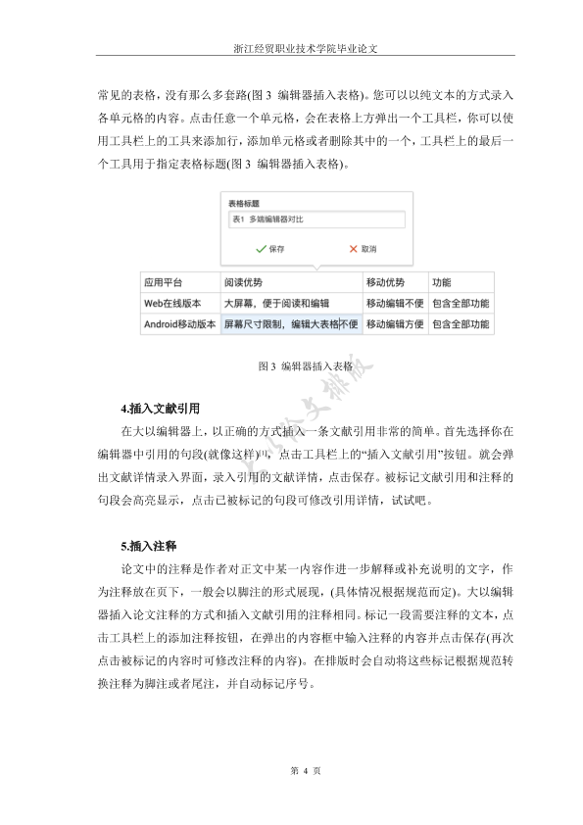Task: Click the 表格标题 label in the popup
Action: point(243,204)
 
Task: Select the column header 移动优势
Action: point(384,282)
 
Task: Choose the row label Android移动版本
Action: point(180,323)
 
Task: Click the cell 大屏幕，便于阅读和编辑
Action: point(278,304)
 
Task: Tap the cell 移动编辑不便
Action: point(395,304)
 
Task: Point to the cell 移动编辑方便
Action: point(395,323)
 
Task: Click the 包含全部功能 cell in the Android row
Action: point(461,323)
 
